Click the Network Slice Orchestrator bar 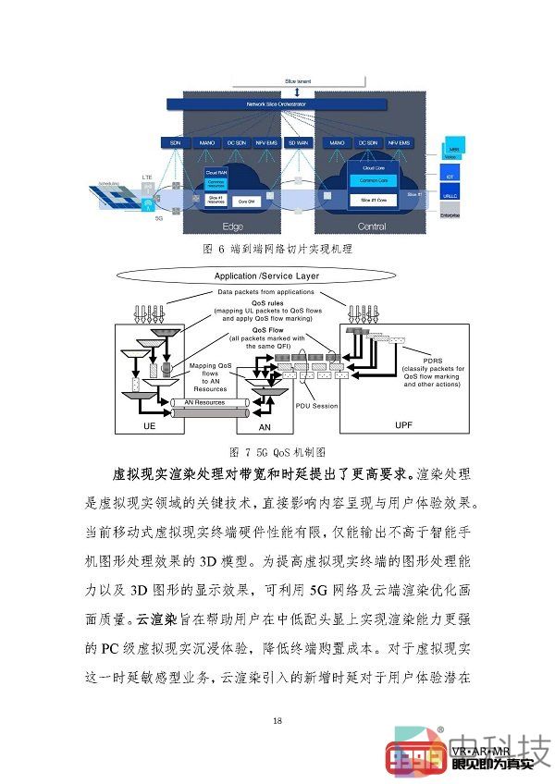pos(294,104)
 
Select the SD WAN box pos(298,143)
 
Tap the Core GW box pos(247,200)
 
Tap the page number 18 pos(277,720)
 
